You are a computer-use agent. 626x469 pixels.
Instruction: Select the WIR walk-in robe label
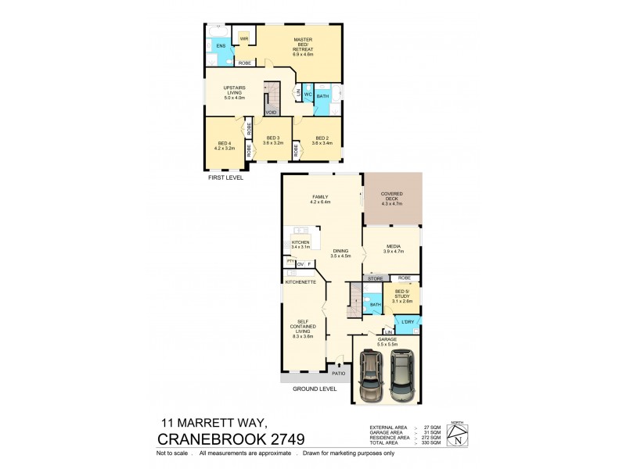coord(244,38)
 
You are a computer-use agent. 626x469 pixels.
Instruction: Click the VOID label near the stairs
coord(272,112)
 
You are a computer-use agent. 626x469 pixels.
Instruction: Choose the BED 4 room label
coord(225,142)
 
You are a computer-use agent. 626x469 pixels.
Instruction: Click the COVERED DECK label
coord(393,197)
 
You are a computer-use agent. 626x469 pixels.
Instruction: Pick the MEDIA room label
coord(392,249)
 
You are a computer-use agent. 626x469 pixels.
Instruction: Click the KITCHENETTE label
coord(300,281)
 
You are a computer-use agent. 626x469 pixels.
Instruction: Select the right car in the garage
coord(402,377)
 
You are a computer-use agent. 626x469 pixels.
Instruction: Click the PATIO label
coord(338,374)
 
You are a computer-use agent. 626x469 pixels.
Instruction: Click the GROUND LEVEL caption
coord(315,388)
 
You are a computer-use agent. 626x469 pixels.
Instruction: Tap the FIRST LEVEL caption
coord(225,177)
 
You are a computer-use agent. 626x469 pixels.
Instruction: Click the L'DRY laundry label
coord(407,322)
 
